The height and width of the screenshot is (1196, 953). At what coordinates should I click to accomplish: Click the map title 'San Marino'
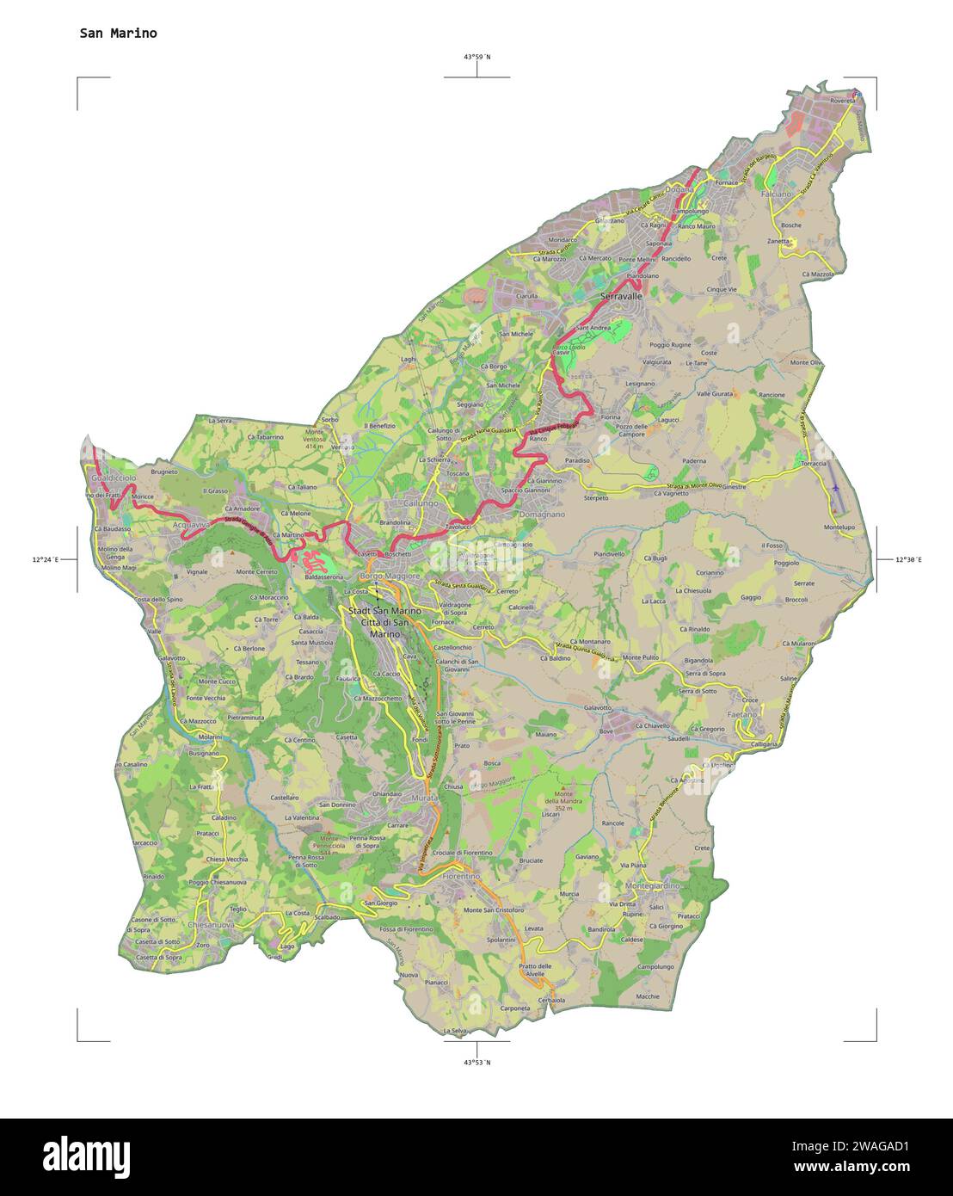(118, 34)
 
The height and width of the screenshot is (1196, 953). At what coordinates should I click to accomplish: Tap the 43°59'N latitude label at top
(477, 57)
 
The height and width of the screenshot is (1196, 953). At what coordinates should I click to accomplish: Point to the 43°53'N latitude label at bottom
(477, 1062)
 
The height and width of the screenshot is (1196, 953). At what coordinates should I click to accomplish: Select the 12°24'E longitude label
(45, 560)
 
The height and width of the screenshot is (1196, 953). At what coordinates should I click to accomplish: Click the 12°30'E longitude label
(908, 560)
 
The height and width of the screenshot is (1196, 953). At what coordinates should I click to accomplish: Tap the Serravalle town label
(621, 296)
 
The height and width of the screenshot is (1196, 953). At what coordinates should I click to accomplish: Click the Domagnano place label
(542, 515)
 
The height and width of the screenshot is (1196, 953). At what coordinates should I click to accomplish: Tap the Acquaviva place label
(191, 524)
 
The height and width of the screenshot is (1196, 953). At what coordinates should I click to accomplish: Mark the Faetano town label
(741, 714)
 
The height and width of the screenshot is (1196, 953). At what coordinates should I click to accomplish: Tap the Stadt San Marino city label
(384, 611)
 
